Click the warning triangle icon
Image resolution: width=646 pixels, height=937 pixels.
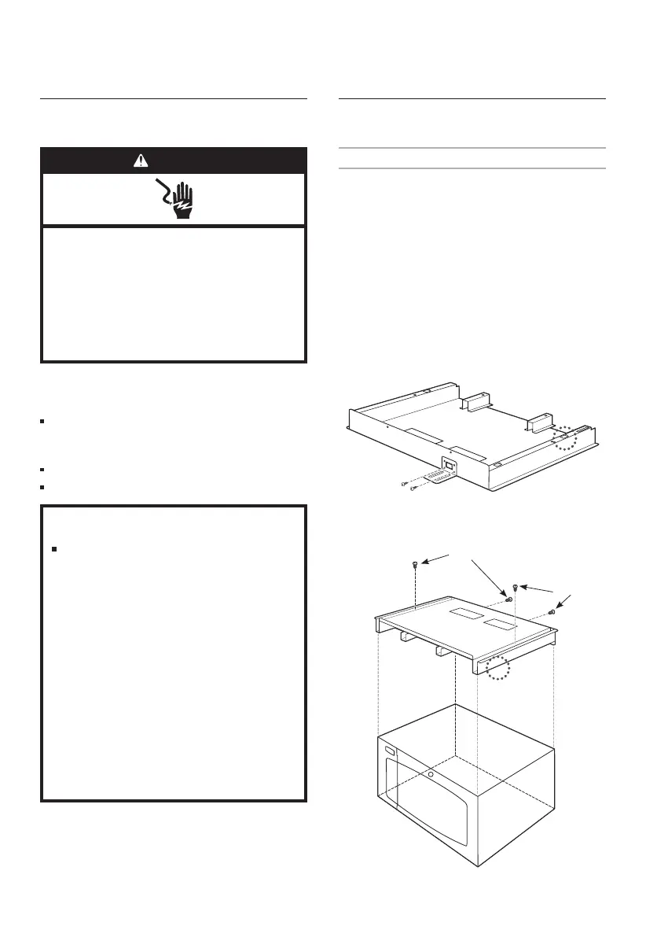(x=140, y=160)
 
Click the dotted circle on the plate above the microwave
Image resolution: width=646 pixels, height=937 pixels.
(x=497, y=668)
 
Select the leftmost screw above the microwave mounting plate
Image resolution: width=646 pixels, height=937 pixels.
(x=414, y=565)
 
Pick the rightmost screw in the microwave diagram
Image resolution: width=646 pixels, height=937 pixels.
(x=552, y=611)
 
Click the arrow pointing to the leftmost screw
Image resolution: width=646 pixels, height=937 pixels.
(x=437, y=559)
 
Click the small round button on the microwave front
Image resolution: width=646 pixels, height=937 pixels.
(x=431, y=773)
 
